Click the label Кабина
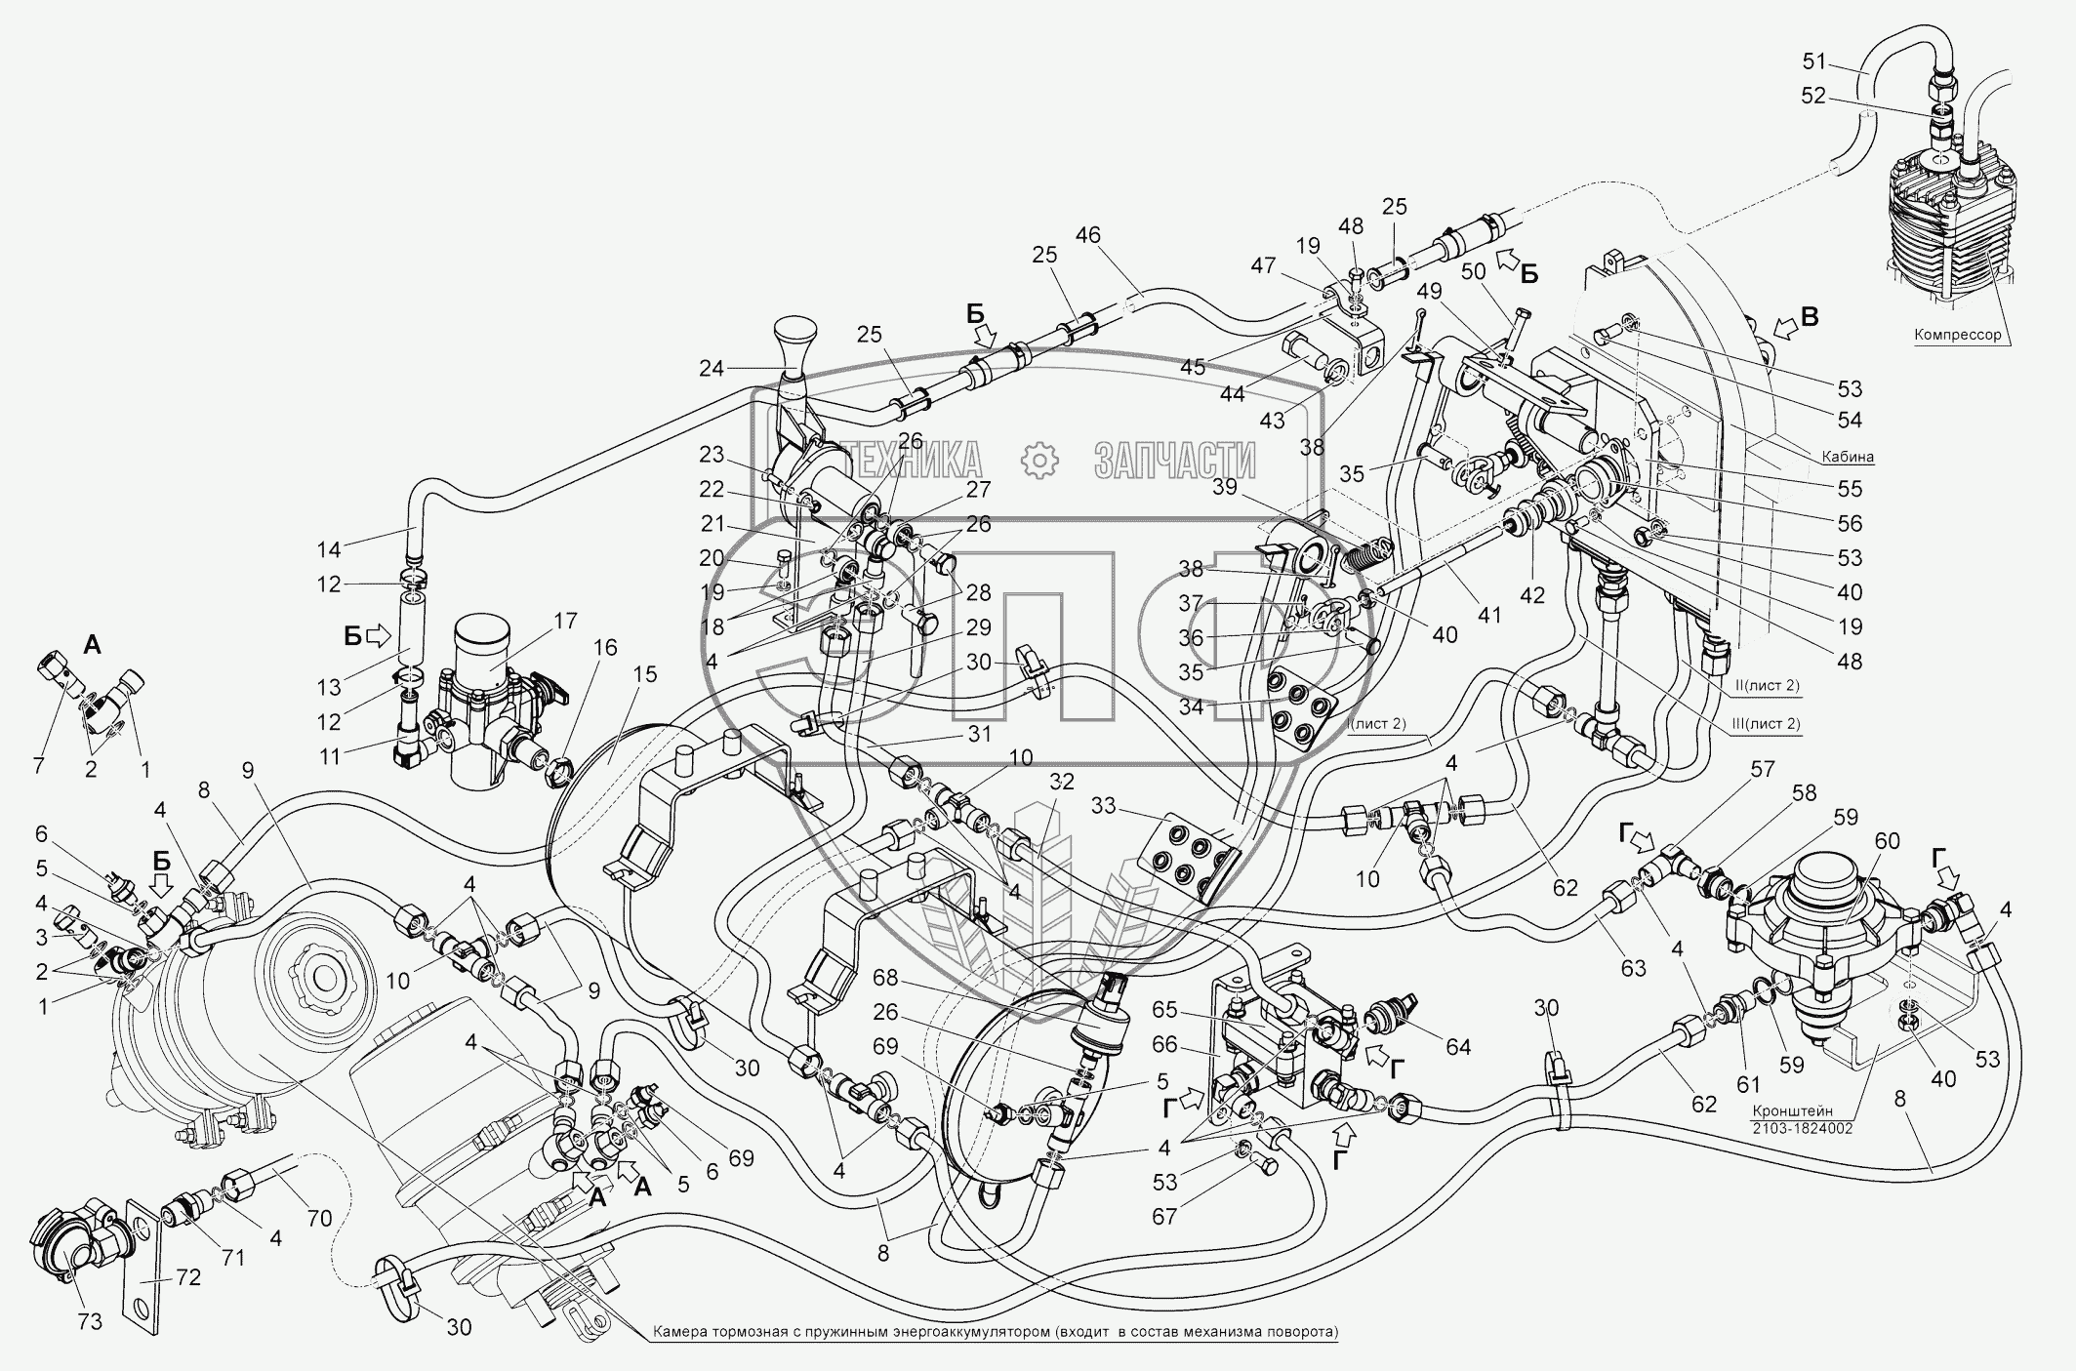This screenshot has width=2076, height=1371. tap(1848, 456)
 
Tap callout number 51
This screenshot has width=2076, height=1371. tap(1814, 63)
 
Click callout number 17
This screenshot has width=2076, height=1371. tap(565, 621)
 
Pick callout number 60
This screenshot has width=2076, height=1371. tap(1887, 840)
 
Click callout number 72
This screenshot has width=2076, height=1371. tap(187, 1277)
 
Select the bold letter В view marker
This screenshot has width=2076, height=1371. tap(1809, 316)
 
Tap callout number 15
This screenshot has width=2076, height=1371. tap(644, 674)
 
